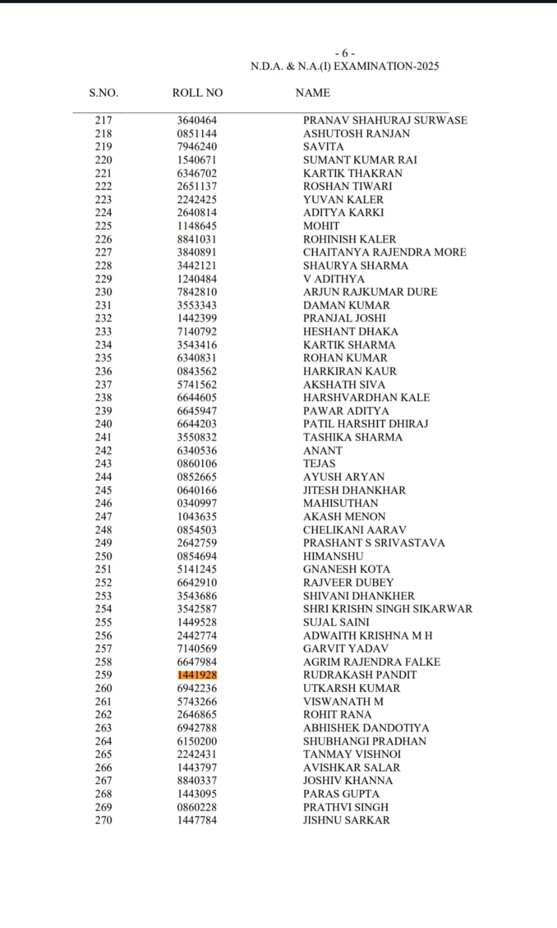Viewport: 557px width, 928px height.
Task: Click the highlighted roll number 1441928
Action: (x=197, y=675)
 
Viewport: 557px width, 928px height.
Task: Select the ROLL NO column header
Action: (x=197, y=93)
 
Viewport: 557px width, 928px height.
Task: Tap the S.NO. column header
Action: (x=103, y=93)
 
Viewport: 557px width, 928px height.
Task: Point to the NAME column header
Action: (x=312, y=93)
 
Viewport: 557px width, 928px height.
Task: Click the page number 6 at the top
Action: (x=345, y=53)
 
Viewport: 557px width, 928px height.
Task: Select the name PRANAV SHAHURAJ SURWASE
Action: (x=385, y=121)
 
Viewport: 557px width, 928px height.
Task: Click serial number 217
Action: (x=103, y=121)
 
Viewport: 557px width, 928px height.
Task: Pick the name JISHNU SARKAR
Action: (x=346, y=820)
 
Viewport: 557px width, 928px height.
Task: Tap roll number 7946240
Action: (x=197, y=147)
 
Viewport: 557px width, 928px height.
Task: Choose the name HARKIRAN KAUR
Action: (x=350, y=371)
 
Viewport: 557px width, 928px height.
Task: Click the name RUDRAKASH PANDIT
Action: (x=360, y=675)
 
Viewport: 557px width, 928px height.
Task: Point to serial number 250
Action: (x=103, y=556)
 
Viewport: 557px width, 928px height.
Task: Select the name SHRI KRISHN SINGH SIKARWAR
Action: (x=387, y=609)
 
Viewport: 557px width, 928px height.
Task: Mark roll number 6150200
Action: (x=197, y=741)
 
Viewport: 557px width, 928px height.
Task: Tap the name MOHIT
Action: (x=321, y=226)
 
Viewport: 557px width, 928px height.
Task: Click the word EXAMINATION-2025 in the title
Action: (x=386, y=67)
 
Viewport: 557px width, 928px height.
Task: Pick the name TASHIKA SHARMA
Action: (x=353, y=437)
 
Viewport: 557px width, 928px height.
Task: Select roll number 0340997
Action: (x=197, y=503)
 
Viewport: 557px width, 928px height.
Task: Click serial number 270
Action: (x=103, y=820)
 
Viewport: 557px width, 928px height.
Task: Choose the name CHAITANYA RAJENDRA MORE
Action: (x=384, y=252)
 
